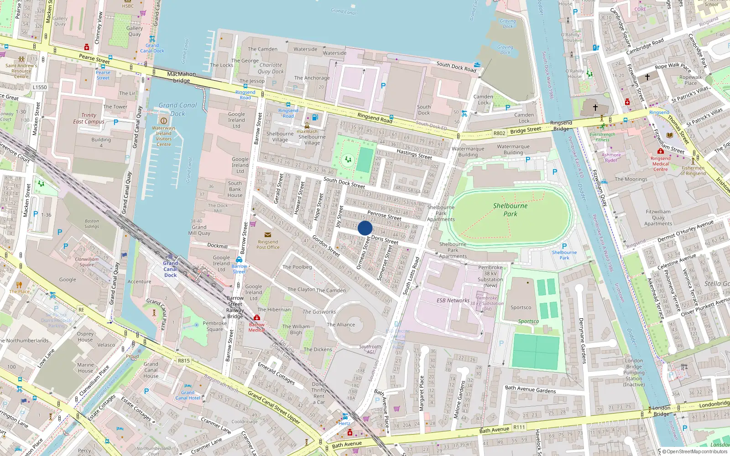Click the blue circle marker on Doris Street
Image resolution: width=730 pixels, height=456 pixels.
click(365, 228)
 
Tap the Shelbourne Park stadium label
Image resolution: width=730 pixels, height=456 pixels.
click(510, 210)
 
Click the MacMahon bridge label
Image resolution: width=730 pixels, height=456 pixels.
click(181, 77)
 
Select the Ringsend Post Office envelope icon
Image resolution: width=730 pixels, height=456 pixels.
click(268, 235)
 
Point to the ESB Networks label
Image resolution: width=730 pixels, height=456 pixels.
click(453, 301)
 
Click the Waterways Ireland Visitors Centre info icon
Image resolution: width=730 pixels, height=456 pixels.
click(163, 121)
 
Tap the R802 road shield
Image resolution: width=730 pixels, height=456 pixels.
click(499, 133)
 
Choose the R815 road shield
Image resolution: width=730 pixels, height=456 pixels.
click(183, 361)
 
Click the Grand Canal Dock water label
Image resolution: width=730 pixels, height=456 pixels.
click(177, 109)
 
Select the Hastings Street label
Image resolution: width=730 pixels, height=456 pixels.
click(414, 154)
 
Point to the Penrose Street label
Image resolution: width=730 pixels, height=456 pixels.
click(384, 215)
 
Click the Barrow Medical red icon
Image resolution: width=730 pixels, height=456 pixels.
click(257, 318)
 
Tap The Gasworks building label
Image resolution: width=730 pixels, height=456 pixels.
click(319, 312)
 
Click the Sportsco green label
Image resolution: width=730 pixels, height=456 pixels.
click(528, 321)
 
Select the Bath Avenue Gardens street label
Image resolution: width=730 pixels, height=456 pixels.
click(530, 389)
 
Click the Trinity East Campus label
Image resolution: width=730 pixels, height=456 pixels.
click(89, 119)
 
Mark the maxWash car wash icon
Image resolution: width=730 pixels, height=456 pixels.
click(307, 125)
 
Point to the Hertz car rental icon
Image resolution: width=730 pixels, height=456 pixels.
click(345, 416)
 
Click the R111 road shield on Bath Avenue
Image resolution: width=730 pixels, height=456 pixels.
click(519, 427)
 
